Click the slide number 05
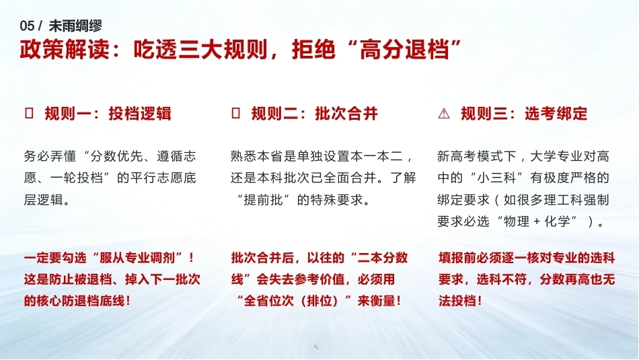(27, 26)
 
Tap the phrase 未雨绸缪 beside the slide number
(75, 26)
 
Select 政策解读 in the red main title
(65, 50)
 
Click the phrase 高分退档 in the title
(404, 50)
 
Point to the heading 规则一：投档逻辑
(108, 113)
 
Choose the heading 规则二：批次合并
(315, 113)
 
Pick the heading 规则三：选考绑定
(524, 113)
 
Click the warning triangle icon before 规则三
(444, 113)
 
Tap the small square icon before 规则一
(30, 113)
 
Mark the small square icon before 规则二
(235, 113)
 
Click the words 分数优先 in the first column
(116, 156)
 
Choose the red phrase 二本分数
(383, 258)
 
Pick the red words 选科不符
(502, 279)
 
